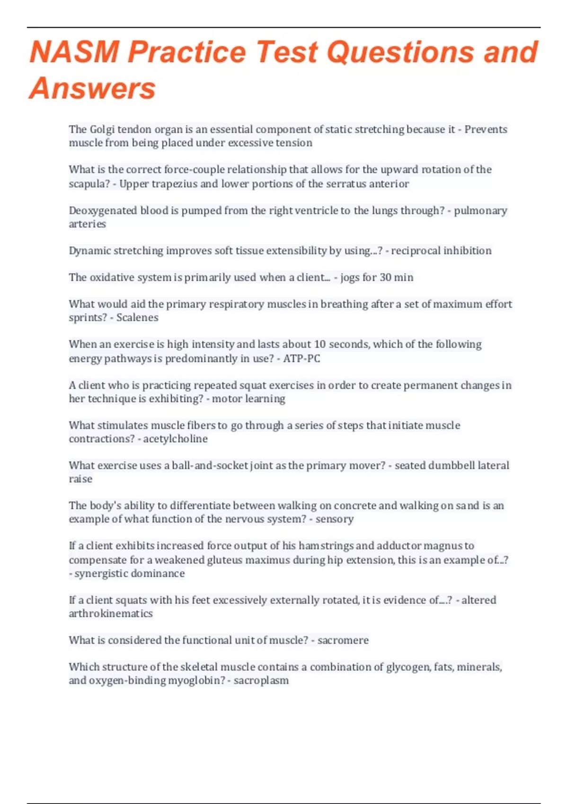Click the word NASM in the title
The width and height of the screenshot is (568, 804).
point(74,52)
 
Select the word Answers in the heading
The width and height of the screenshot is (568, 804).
point(92,88)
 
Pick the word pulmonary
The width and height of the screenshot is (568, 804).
point(480,210)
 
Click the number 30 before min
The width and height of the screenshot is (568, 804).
point(386,278)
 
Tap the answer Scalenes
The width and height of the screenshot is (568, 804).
point(137,317)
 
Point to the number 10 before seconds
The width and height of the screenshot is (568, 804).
point(320,344)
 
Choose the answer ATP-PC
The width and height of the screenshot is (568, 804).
point(302,358)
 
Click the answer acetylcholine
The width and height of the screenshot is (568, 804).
point(175,439)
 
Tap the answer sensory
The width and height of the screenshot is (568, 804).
point(335,519)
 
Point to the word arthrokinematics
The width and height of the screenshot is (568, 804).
point(111,614)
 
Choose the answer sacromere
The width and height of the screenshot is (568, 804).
point(343,640)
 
